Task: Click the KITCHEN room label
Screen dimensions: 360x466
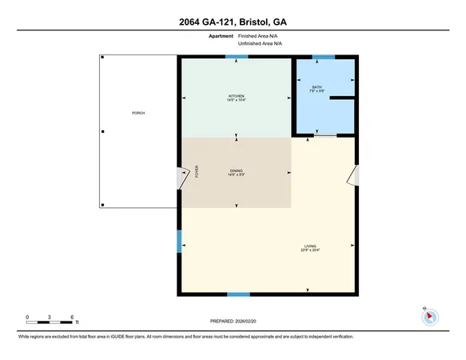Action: [x=236, y=95]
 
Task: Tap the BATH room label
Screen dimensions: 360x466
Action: [x=317, y=86]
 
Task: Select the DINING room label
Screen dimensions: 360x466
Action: [x=236, y=171]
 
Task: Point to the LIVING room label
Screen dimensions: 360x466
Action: [x=310, y=246]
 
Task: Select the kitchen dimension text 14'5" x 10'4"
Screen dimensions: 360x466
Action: [x=236, y=100]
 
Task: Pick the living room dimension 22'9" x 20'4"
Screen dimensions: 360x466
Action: [x=310, y=250]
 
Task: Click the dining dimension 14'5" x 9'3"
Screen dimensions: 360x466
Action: [x=236, y=176]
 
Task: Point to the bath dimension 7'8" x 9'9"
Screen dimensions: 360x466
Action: [x=317, y=91]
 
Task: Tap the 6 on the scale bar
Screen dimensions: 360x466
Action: [x=73, y=318]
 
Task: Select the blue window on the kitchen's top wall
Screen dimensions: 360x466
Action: [x=231, y=56]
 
